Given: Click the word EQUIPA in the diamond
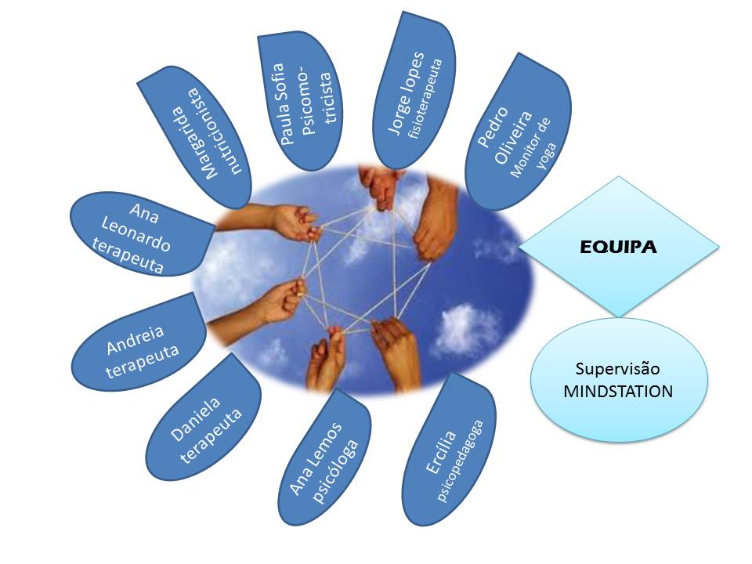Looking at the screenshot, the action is (x=618, y=247).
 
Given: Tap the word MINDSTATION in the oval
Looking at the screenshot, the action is (x=618, y=392).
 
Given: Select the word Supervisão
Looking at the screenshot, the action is (x=618, y=369).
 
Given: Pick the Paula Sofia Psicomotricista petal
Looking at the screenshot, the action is (x=300, y=102).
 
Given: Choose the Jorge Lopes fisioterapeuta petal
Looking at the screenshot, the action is (x=414, y=91).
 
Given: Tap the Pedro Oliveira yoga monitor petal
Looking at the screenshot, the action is (x=519, y=132).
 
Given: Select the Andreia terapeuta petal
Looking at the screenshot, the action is (x=139, y=342).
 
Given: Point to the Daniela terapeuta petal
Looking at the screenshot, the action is (x=204, y=418).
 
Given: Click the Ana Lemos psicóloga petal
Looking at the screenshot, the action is (x=324, y=457).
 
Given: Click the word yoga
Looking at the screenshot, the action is (x=546, y=157).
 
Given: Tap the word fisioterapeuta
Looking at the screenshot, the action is (x=425, y=99).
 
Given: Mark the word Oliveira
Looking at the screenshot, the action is (x=513, y=137).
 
